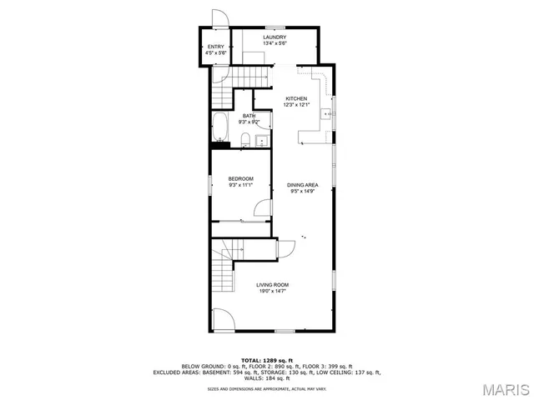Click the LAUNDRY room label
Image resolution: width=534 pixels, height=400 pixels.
(x=275, y=37)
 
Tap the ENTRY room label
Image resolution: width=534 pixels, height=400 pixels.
(x=216, y=46)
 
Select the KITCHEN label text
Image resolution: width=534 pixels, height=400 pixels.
(x=297, y=98)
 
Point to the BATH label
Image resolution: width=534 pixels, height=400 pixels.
(x=249, y=116)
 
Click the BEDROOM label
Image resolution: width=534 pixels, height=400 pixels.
(x=240, y=178)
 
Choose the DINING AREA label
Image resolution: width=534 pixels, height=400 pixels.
(x=302, y=184)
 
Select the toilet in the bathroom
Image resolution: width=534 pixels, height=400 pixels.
(x=246, y=139)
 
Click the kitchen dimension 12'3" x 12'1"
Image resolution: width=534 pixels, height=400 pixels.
(x=297, y=105)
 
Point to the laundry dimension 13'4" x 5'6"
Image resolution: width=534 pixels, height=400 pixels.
(x=275, y=43)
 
